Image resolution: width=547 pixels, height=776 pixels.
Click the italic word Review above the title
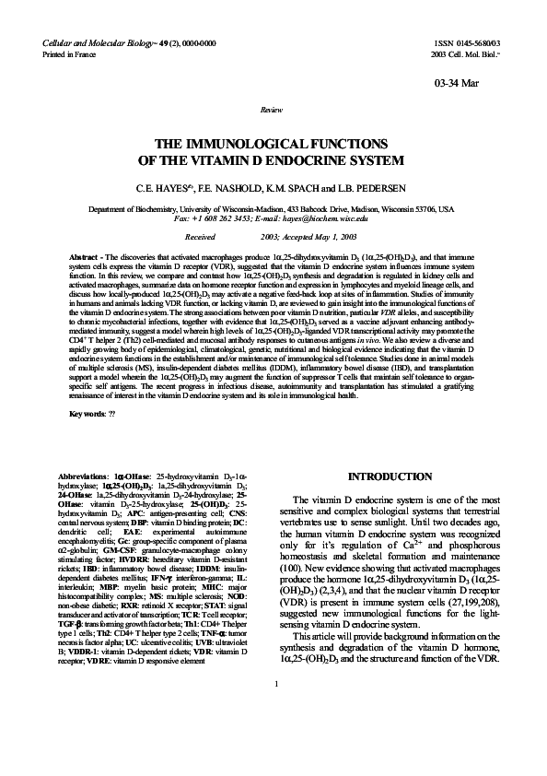(273, 109)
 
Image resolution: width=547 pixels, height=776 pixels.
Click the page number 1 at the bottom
(274, 735)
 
